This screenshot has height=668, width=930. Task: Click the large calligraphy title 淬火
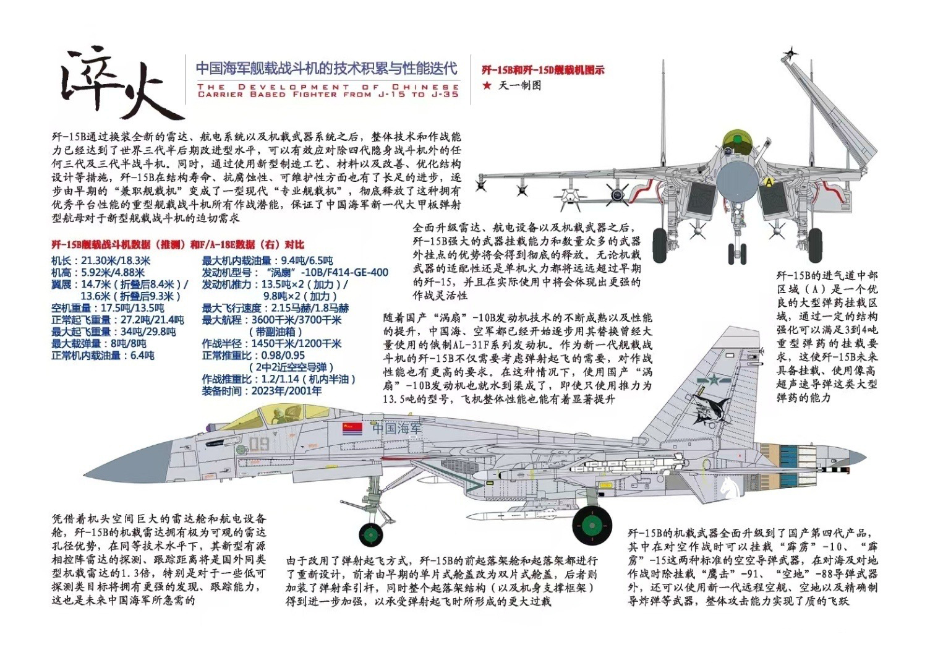[121, 85]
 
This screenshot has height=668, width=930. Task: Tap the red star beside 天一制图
[487, 85]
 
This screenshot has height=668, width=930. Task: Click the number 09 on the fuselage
[259, 444]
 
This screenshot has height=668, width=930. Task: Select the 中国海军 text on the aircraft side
[398, 428]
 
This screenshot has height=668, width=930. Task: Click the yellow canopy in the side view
[286, 415]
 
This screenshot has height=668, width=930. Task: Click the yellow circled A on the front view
[769, 182]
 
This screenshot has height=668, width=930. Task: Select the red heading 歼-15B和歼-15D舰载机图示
[543, 70]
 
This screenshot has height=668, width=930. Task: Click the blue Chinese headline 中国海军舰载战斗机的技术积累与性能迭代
[326, 67]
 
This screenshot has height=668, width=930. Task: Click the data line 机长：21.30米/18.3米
[101, 261]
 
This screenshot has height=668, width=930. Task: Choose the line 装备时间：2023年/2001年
[262, 391]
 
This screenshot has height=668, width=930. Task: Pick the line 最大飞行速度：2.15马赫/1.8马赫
[275, 308]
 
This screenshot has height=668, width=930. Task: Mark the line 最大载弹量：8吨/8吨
[99, 343]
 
